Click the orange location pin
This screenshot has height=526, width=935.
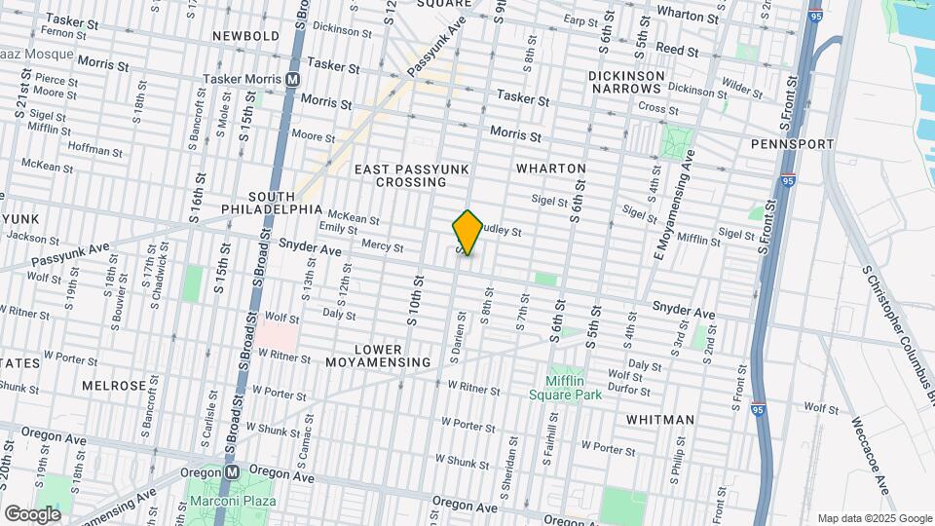pyautogui.click(x=467, y=232)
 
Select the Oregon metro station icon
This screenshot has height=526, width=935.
pyautogui.click(x=232, y=471)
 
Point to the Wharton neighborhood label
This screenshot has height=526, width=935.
pyautogui.click(x=551, y=169)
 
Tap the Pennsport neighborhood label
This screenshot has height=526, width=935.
pyautogui.click(x=793, y=144)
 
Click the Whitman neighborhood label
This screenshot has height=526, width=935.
pyautogui.click(x=660, y=420)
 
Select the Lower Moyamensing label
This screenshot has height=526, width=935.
pyautogui.click(x=392, y=356)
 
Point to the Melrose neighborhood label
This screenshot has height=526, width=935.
pyautogui.click(x=113, y=386)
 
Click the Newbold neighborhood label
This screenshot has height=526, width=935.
pyautogui.click(x=247, y=36)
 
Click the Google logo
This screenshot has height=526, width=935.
pyautogui.click(x=32, y=513)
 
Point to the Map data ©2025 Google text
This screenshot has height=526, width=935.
pyautogui.click(x=875, y=518)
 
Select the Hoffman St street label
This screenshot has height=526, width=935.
pyautogui.click(x=95, y=151)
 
